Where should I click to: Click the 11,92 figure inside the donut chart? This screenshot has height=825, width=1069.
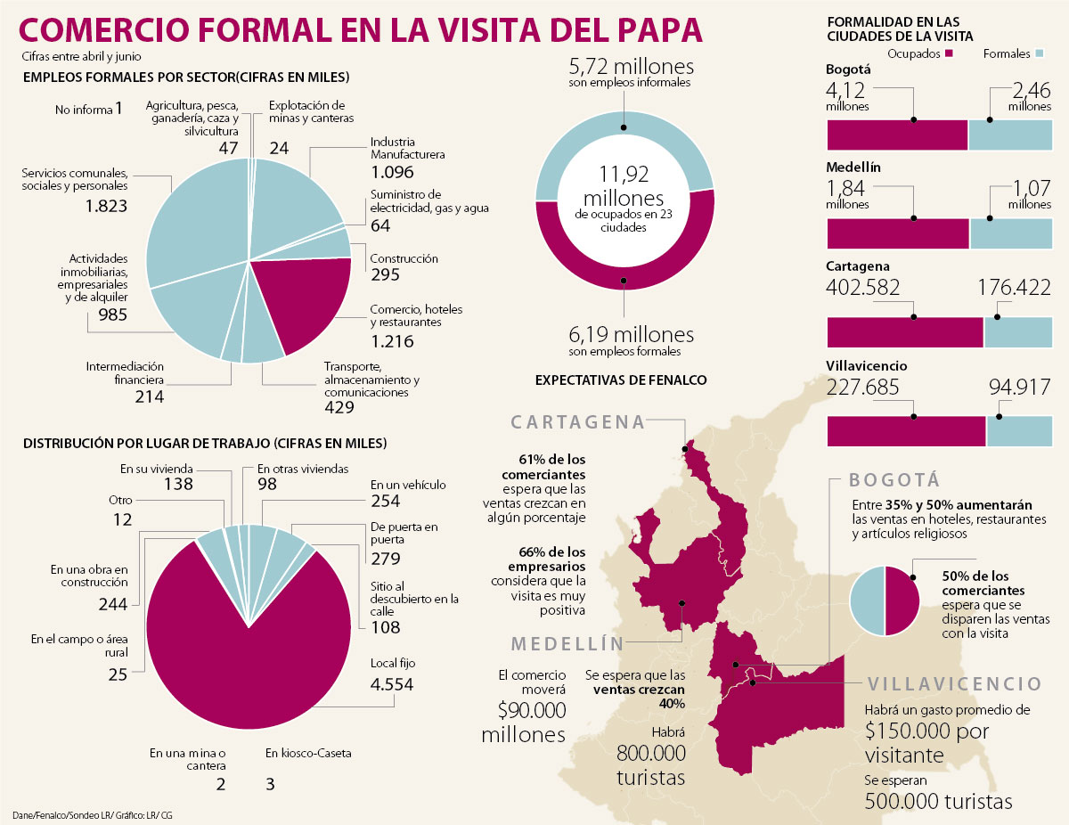624,175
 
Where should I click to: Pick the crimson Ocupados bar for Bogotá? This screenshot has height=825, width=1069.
897,135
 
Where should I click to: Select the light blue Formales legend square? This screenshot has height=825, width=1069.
1039,54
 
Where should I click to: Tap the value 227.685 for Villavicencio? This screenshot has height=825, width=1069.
863,388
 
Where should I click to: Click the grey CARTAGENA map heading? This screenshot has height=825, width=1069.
578,422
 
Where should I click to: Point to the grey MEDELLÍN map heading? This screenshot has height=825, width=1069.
567,644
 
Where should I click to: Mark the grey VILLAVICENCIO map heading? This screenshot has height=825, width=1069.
954,684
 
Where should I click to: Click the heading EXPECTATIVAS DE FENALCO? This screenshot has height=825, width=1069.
621,380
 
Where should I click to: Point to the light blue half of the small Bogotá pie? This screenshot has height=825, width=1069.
867,601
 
